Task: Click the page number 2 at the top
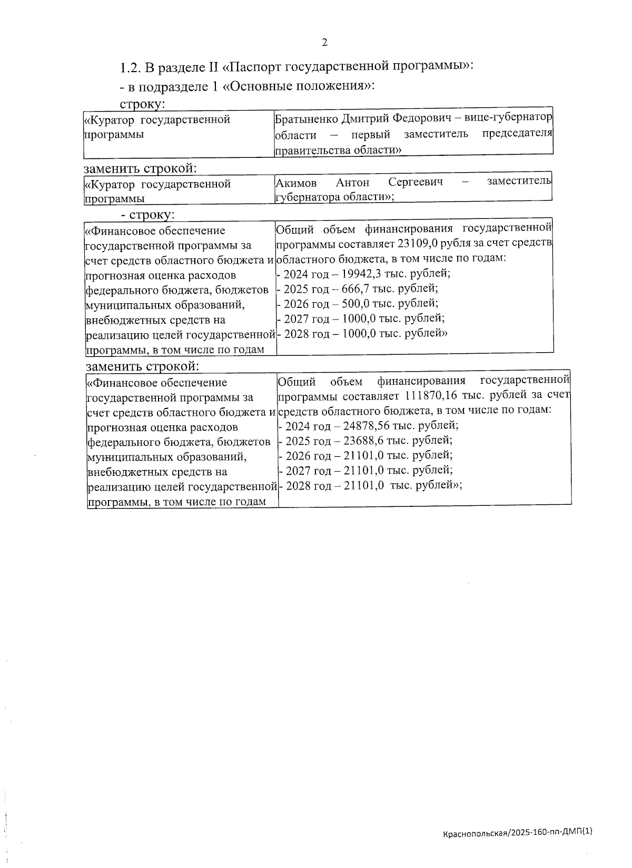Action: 324,43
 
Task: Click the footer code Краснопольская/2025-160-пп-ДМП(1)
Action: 518,832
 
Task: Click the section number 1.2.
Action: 129,67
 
